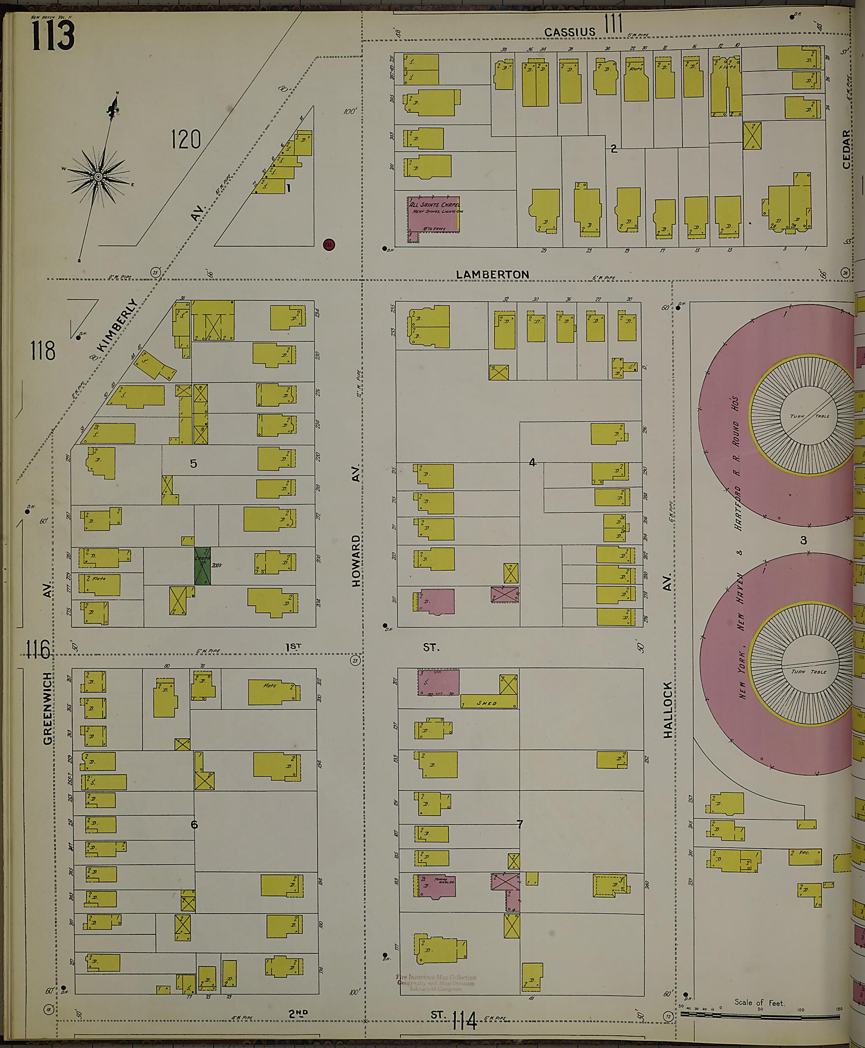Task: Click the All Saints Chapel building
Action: tap(433, 214)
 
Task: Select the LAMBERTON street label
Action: tap(492, 275)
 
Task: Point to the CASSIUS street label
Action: tap(569, 33)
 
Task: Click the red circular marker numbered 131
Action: tap(328, 245)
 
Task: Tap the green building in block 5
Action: tap(202, 566)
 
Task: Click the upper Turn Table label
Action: tap(809, 416)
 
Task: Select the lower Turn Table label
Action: tap(808, 671)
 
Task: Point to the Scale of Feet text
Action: tap(759, 988)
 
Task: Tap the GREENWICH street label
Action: tap(47, 708)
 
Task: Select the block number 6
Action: tap(194, 825)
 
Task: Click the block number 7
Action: tap(520, 824)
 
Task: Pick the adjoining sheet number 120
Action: tap(185, 139)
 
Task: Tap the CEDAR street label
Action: tap(846, 149)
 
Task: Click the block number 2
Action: tap(613, 149)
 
